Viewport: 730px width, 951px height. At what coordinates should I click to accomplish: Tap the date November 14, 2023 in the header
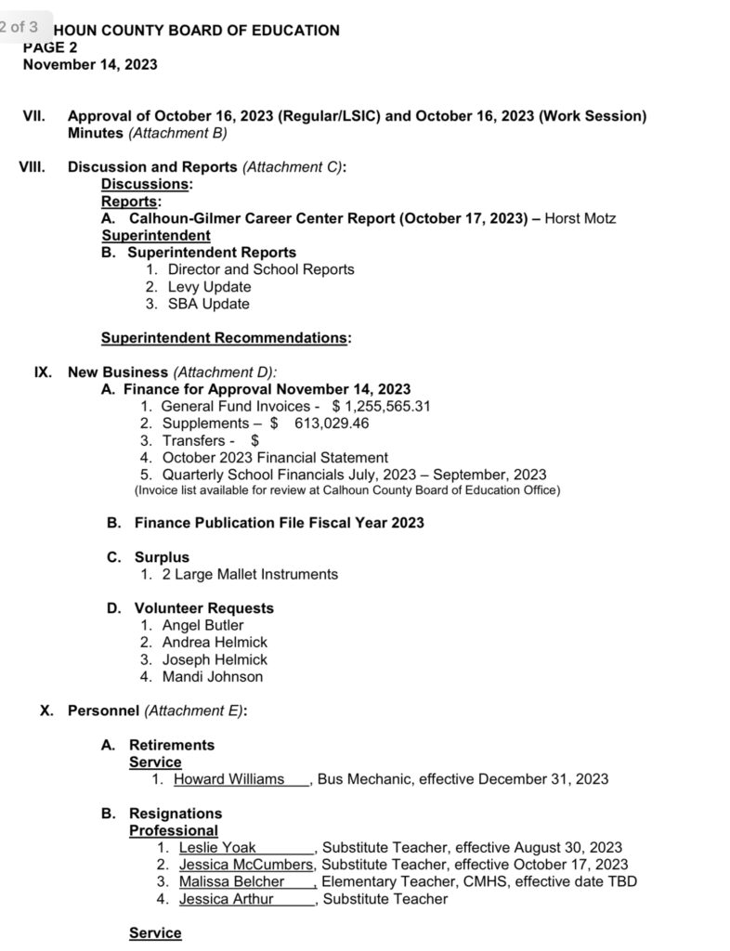90,65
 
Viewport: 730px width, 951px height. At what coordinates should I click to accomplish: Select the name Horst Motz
580,218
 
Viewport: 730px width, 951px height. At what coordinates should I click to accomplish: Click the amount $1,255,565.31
381,406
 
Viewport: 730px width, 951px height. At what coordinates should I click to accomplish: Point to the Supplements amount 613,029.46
332,423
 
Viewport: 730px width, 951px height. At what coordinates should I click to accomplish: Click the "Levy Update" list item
209,287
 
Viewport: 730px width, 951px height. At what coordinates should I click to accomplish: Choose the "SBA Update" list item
208,304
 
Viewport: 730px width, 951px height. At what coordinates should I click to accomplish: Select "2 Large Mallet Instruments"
250,574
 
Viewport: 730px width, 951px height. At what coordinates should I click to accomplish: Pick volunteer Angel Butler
202,625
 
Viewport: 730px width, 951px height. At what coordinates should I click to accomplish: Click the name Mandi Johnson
213,676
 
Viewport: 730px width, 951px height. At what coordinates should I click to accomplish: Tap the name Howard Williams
228,778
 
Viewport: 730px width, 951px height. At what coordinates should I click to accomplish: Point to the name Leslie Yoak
217,847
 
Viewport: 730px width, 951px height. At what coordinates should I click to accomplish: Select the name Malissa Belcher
231,881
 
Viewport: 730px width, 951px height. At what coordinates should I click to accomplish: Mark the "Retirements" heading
172,745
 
